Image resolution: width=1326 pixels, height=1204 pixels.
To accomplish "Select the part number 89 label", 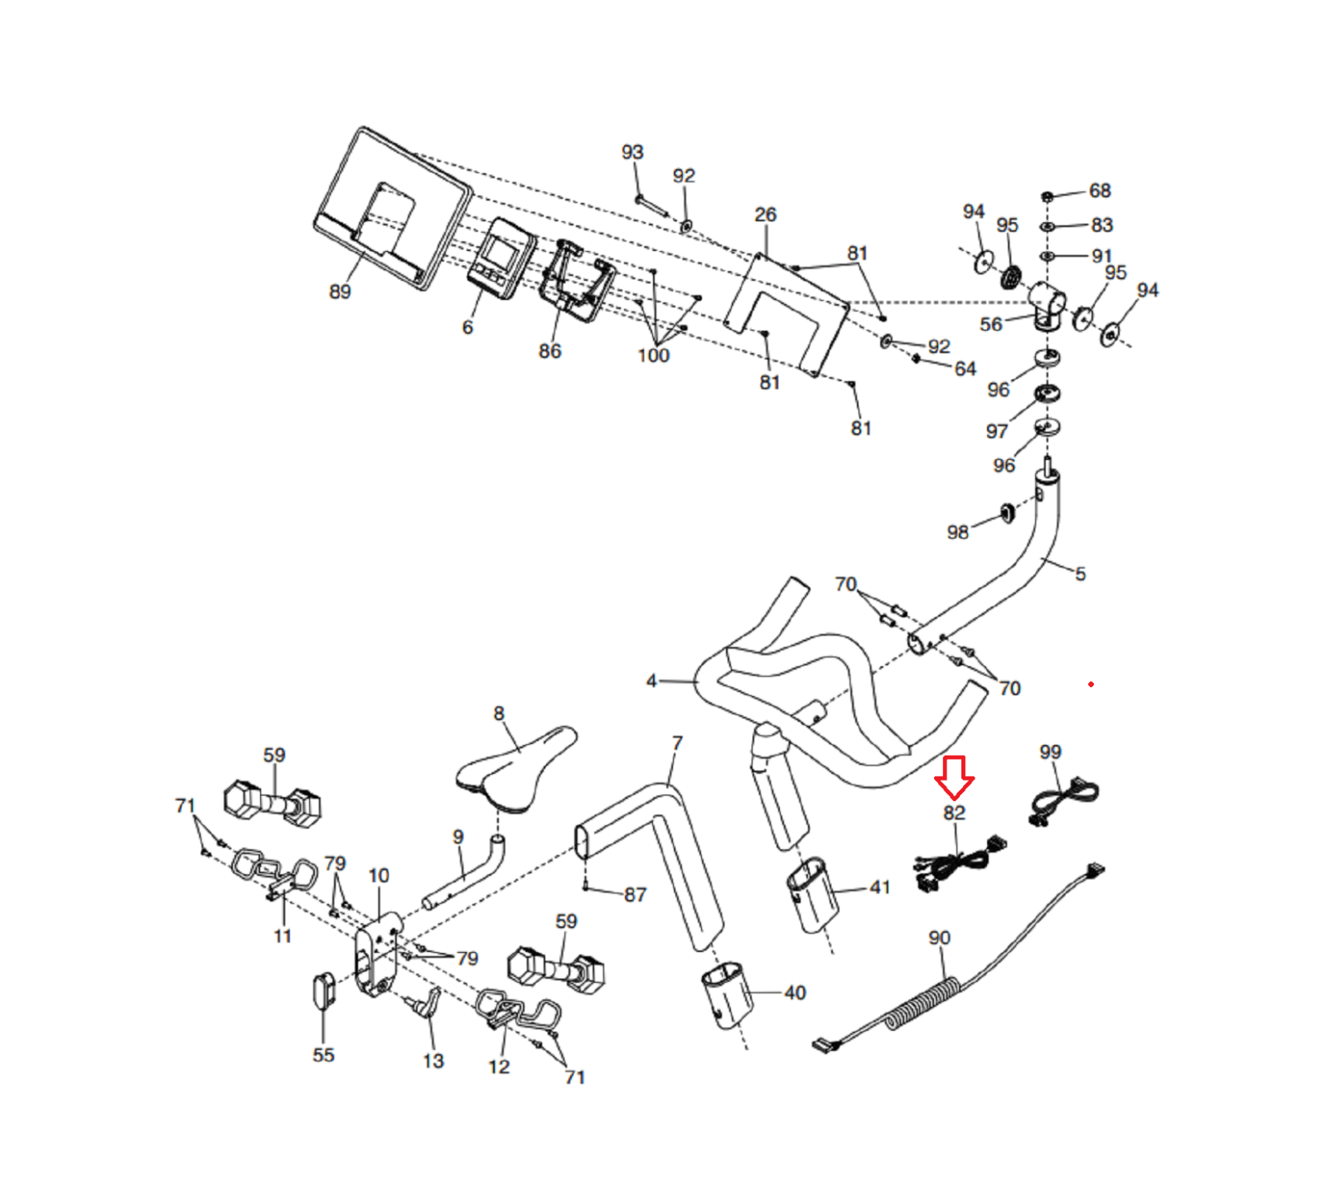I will tap(340, 292).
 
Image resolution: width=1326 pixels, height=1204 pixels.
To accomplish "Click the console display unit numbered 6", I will tap(501, 258).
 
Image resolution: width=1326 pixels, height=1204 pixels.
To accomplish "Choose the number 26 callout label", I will tap(765, 215).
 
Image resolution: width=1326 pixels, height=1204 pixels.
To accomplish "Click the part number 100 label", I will tap(653, 355).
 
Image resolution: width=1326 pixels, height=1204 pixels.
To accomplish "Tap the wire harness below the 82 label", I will tap(957, 866).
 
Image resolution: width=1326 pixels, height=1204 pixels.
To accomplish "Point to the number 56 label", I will tap(991, 324).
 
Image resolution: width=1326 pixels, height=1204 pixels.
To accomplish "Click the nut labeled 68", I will tap(1047, 196).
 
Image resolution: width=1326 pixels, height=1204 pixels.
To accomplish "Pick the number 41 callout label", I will tap(879, 887).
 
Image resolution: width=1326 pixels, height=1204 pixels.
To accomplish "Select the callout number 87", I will tap(635, 895).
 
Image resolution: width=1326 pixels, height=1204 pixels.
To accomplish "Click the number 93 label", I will tap(632, 152).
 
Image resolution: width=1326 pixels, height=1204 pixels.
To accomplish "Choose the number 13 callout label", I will tap(433, 1061).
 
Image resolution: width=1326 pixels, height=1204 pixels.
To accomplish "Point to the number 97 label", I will tap(997, 432).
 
